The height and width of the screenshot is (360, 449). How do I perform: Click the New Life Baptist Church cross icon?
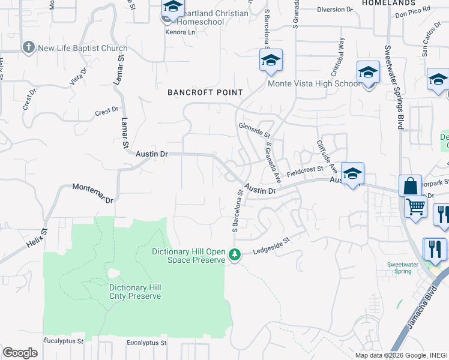tap(28, 47)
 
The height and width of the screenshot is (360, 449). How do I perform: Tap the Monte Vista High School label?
tap(314, 83)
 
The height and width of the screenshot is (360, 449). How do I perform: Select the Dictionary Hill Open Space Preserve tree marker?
tap(235, 256)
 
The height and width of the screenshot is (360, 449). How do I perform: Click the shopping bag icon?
tap(411, 186)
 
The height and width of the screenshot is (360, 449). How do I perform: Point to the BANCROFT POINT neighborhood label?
tap(205, 92)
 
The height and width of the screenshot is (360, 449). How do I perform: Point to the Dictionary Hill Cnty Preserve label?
tap(135, 292)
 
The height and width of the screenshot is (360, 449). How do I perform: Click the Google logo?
tap(20, 353)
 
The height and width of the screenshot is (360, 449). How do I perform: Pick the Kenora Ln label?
tap(179, 32)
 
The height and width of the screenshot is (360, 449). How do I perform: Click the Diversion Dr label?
tap(336, 10)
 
